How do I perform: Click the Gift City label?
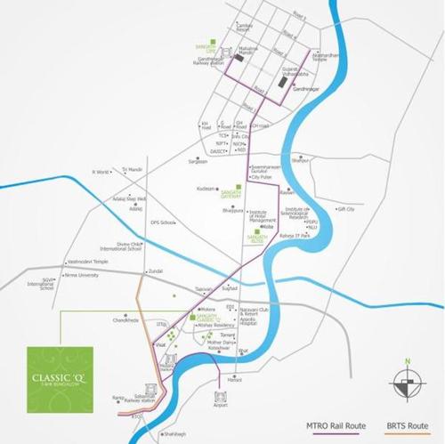[x=345, y=208]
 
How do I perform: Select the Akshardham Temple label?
[x=326, y=57]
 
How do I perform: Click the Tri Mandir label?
[x=132, y=168]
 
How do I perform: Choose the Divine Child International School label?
[x=121, y=246]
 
